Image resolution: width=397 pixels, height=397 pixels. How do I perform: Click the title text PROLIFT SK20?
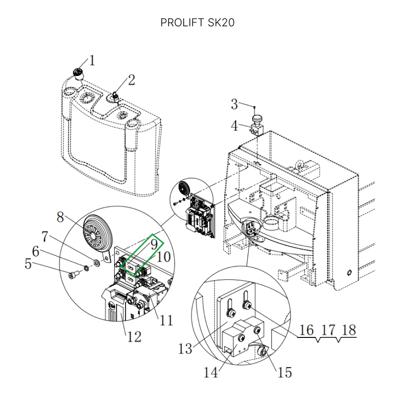[198, 23]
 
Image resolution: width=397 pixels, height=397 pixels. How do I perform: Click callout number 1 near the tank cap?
[92, 61]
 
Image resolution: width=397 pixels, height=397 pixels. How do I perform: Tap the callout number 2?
[132, 79]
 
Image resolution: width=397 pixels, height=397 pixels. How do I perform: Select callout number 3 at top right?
[235, 105]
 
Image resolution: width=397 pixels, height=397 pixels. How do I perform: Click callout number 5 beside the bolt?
[29, 264]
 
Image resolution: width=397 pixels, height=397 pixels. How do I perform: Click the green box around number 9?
[144, 253]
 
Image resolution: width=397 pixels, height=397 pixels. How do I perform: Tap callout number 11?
[166, 320]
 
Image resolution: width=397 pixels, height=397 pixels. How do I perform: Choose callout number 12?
[134, 337]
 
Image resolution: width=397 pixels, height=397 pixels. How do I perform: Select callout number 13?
[185, 349]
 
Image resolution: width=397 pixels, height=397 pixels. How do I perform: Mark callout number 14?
[211, 372]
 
